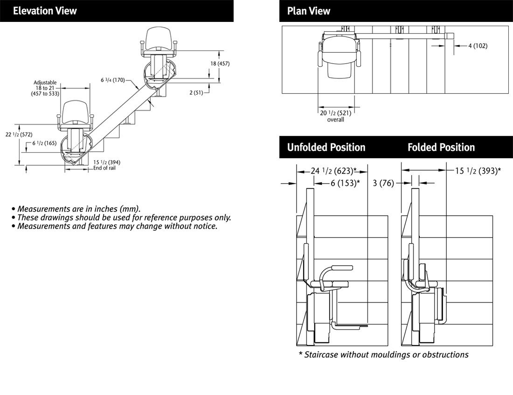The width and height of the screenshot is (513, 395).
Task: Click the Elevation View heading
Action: click(x=45, y=11)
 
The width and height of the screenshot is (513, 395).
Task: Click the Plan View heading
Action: click(x=309, y=11)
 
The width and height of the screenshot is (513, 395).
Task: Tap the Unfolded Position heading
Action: click(x=326, y=148)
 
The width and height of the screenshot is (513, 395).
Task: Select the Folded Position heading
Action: click(x=441, y=148)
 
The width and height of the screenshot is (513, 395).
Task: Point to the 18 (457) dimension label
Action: click(x=220, y=63)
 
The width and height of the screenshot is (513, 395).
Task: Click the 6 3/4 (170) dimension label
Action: click(x=113, y=80)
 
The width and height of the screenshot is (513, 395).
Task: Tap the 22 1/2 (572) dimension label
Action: click(x=19, y=134)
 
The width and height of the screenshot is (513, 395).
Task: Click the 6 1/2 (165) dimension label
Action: click(x=44, y=143)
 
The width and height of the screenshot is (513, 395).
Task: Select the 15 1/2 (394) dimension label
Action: click(x=107, y=162)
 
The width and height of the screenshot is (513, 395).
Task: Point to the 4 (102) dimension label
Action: click(x=478, y=46)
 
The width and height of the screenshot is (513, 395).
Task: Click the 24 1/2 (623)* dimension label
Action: click(x=334, y=171)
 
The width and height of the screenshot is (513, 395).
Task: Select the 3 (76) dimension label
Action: click(x=383, y=183)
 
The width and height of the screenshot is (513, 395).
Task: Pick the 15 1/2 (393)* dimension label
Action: click(x=478, y=171)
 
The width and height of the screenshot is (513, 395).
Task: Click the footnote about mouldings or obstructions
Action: click(x=383, y=355)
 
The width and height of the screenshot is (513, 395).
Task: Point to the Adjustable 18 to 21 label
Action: click(x=45, y=88)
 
